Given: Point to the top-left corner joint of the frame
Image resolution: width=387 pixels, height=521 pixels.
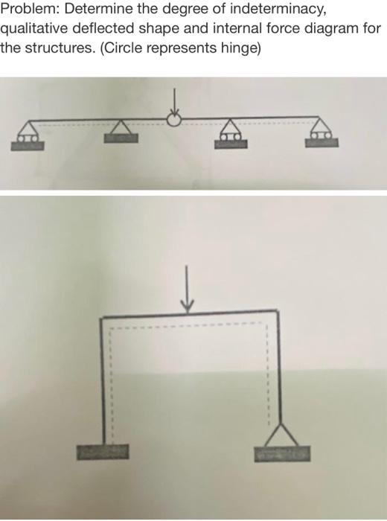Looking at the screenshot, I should (x=102, y=315).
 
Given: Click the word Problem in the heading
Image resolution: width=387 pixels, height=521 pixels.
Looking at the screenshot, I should (x=26, y=12).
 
